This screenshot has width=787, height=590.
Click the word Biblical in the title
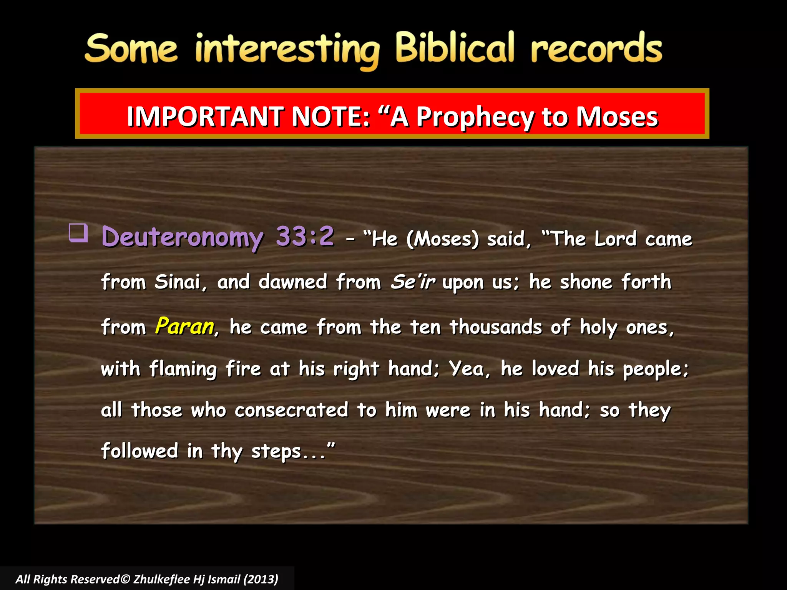pyautogui.click(x=455, y=48)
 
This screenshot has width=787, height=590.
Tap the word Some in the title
pyautogui.click(x=131, y=49)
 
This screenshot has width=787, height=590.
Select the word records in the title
pyautogui.click(x=596, y=49)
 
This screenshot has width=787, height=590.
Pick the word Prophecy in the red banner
pyautogui.click(x=475, y=117)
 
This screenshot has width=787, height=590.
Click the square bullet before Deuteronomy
pyautogui.click(x=78, y=233)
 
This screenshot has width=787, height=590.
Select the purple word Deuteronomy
pyautogui.click(x=183, y=237)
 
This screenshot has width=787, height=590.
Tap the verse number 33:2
pyautogui.click(x=305, y=235)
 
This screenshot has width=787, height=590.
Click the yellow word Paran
pyautogui.click(x=185, y=326)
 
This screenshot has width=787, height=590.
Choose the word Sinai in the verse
pyautogui.click(x=178, y=282)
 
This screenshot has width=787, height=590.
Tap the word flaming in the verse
pyautogui.click(x=183, y=369)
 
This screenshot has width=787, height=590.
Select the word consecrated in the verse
pyautogui.click(x=292, y=410)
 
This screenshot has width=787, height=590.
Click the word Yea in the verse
pyautogui.click(x=467, y=369)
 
